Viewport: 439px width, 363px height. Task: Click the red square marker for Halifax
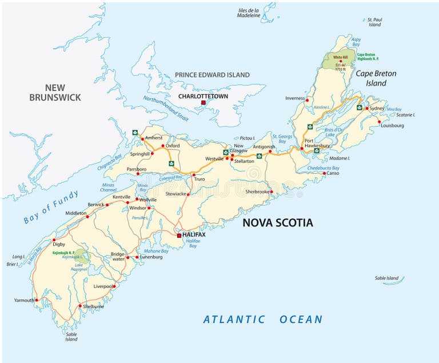tap(179, 235)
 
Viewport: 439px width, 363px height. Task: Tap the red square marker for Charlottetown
tap(202, 103)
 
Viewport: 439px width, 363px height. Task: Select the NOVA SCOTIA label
tap(278, 222)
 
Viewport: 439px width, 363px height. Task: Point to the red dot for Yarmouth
tap(36, 300)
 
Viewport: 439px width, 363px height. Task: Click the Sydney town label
tap(377, 108)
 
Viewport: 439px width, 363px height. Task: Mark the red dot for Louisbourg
tap(379, 121)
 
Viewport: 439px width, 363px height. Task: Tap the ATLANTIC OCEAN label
tap(263, 320)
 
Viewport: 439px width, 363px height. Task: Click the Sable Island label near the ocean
tap(386, 278)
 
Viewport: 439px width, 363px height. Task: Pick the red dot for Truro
tap(194, 174)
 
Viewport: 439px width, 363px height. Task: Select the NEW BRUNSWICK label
tap(55, 92)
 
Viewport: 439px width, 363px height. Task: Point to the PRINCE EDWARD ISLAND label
tap(212, 75)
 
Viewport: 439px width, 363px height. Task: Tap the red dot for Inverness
tap(307, 100)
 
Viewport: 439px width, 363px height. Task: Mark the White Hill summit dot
tap(341, 61)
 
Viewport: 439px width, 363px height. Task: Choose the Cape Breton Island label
tap(376, 78)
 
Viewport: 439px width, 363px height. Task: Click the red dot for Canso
tap(324, 173)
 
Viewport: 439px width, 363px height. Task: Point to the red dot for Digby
tap(54, 240)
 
